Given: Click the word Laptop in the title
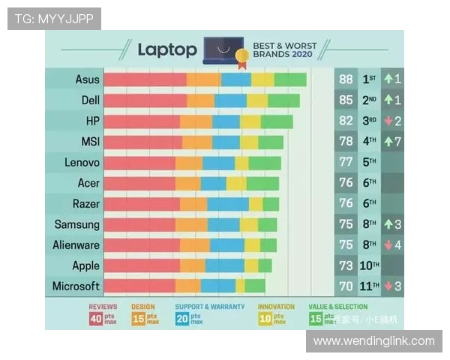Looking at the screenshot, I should click(x=167, y=50).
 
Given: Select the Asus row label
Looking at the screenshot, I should click(x=88, y=79).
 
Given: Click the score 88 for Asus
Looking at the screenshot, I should click(x=346, y=79).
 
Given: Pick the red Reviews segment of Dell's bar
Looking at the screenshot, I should click(x=145, y=100).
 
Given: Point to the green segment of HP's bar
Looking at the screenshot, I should click(x=277, y=121).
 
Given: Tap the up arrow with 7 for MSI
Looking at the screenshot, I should click(x=393, y=142).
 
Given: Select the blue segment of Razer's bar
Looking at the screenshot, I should click(x=228, y=204).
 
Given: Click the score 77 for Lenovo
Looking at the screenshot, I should click(x=346, y=162).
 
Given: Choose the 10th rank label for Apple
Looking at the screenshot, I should click(x=370, y=265).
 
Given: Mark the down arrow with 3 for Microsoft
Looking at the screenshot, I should click(x=393, y=286).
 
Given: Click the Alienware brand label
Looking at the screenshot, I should click(x=76, y=244).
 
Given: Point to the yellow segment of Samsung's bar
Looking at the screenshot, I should click(x=249, y=224).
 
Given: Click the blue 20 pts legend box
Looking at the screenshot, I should click(x=184, y=319).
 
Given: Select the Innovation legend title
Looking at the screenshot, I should click(x=276, y=307).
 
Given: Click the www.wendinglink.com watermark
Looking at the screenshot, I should click(x=374, y=341).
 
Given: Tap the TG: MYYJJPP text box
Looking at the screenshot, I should click(x=54, y=19).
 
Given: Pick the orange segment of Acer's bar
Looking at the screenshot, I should click(x=188, y=183).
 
